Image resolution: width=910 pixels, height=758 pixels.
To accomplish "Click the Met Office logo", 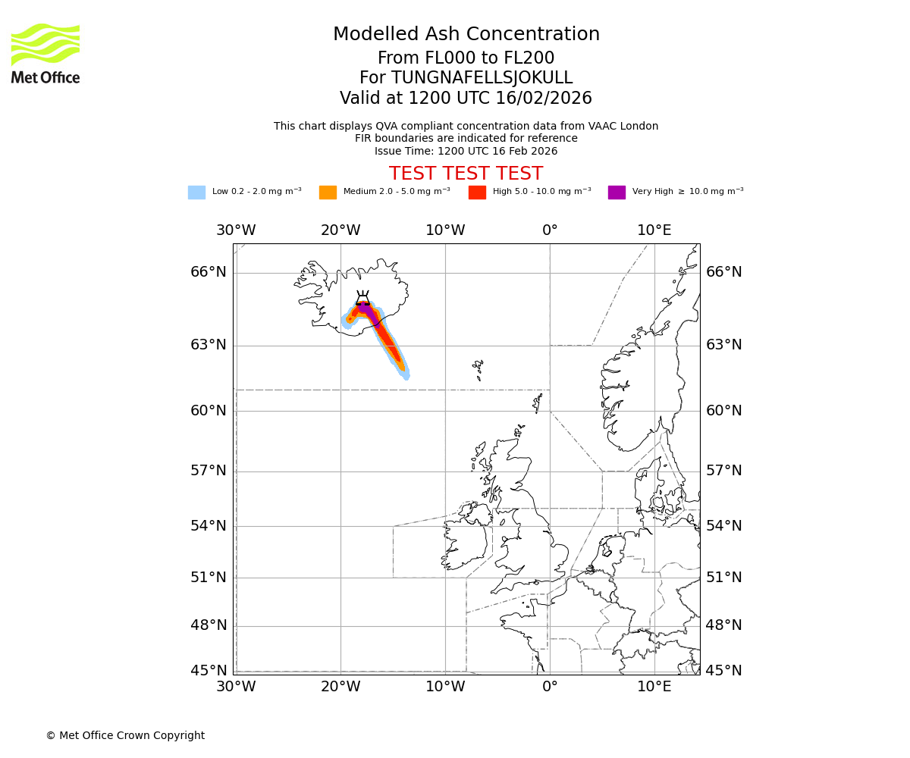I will (45, 53).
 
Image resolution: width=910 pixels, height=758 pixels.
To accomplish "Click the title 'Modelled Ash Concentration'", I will (466, 35).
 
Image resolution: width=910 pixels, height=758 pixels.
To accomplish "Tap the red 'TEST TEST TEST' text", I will (466, 174).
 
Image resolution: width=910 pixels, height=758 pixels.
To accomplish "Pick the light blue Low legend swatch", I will (196, 193).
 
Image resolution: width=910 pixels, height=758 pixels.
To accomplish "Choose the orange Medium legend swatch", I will (328, 193).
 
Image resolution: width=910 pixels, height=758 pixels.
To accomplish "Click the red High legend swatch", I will (477, 193).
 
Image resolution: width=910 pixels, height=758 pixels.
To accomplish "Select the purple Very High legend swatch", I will (617, 193).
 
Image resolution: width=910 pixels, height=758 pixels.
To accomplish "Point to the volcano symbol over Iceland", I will (362, 298).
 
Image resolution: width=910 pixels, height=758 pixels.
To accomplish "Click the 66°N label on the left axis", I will (208, 272).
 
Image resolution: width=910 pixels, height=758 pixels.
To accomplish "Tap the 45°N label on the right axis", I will (724, 671).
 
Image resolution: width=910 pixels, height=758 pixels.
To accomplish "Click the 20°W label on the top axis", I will (340, 230).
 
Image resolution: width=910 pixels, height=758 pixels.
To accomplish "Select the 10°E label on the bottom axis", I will (654, 687).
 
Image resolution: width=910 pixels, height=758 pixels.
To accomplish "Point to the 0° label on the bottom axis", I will (550, 687).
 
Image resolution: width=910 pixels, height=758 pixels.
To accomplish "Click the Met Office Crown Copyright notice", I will (125, 736).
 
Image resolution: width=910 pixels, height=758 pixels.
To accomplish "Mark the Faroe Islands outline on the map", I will (478, 369).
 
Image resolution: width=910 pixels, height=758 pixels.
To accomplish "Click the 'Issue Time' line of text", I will (466, 152).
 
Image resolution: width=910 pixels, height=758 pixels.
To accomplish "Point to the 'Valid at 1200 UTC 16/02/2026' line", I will (466, 99).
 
